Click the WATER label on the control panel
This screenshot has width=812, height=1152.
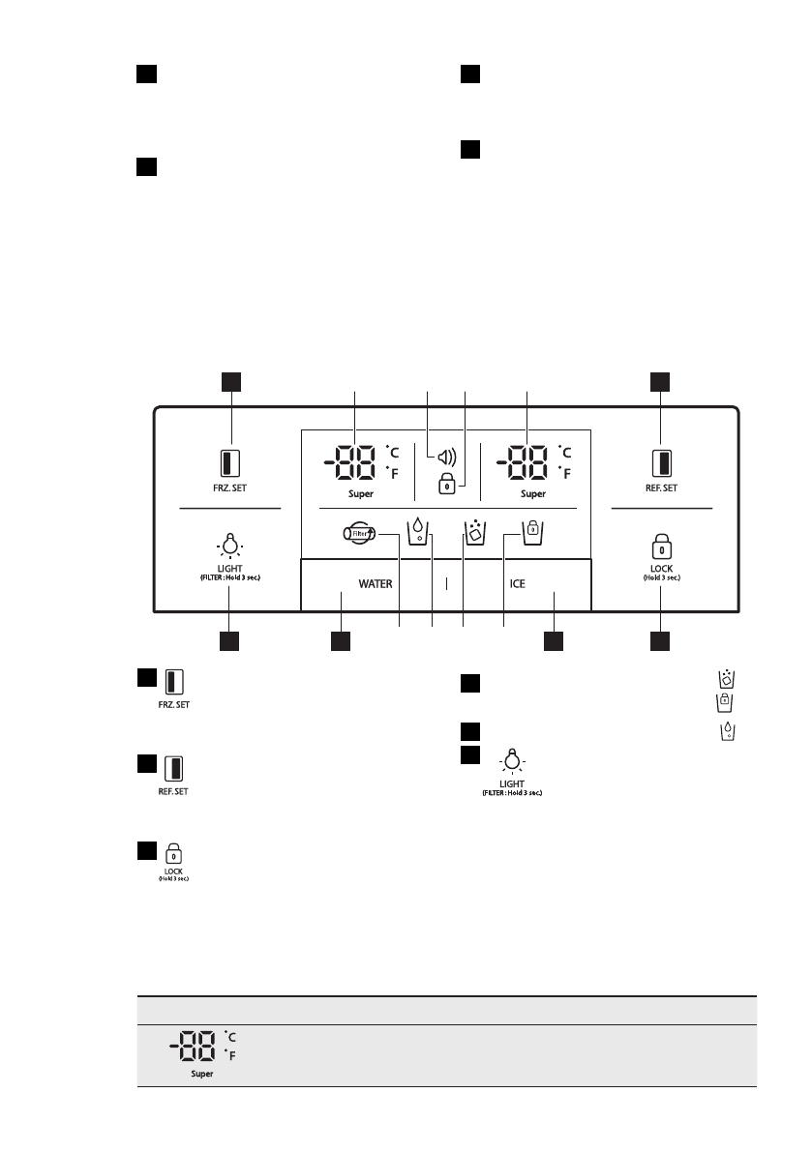pyautogui.click(x=376, y=584)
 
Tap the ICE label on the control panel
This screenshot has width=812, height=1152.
pyautogui.click(x=518, y=584)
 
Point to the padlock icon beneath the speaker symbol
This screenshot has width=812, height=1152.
pyautogui.click(x=446, y=486)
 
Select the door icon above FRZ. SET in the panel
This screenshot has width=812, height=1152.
pyautogui.click(x=231, y=460)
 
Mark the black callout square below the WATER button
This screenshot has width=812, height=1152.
pyautogui.click(x=340, y=640)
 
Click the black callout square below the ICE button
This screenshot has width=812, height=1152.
pyautogui.click(x=554, y=640)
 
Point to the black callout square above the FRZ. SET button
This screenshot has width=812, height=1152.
pyautogui.click(x=231, y=381)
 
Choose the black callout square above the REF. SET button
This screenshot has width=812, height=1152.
pyautogui.click(x=660, y=381)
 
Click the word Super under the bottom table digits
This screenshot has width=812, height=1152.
pyautogui.click(x=200, y=1075)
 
